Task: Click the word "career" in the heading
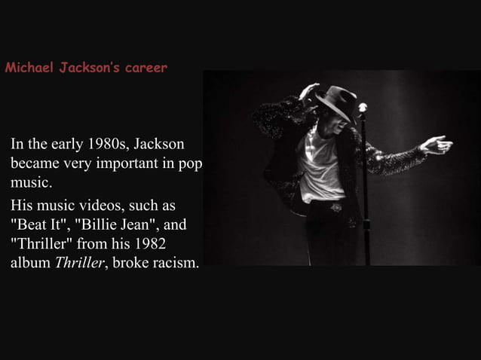coord(144,69)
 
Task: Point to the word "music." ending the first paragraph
coord(30,183)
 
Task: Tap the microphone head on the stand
coord(363,108)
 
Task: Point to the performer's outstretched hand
coord(437,144)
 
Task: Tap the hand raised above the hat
coord(309,90)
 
